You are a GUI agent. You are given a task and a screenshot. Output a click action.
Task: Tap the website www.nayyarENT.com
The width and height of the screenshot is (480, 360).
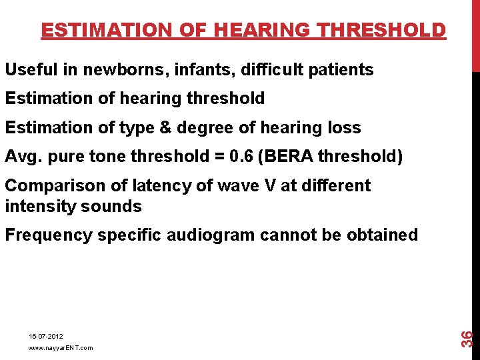pyautogui.click(x=61, y=348)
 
